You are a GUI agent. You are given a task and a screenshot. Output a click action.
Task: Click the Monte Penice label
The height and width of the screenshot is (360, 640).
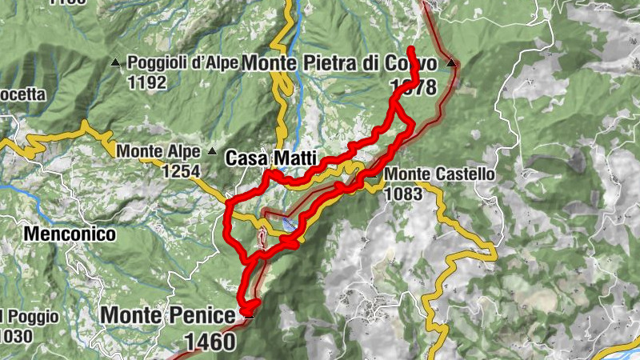[167, 314]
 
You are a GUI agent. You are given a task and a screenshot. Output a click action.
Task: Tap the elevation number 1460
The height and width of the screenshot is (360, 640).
[210, 342]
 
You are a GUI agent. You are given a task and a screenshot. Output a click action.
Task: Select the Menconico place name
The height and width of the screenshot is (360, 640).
[70, 234]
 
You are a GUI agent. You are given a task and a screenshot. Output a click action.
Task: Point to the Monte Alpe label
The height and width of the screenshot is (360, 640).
[161, 150]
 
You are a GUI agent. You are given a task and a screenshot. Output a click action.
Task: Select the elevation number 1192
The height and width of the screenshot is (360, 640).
[146, 82]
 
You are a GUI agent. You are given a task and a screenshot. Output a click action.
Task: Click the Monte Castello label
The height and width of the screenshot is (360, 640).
[439, 174]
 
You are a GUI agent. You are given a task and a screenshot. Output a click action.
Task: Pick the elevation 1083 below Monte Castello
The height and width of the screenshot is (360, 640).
[403, 194]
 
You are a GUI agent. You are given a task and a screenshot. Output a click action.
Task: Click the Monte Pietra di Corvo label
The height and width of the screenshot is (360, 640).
[339, 62]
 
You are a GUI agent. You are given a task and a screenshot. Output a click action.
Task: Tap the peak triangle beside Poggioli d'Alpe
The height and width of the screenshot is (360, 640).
[116, 62]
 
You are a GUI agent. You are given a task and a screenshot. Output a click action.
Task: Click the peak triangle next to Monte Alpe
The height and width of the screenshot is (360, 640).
[212, 150]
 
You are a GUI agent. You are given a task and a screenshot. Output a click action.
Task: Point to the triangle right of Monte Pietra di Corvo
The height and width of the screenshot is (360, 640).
[451, 62]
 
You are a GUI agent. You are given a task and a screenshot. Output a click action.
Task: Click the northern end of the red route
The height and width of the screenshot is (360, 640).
[410, 50]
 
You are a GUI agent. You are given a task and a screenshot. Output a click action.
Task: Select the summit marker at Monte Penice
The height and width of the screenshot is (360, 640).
[250, 315]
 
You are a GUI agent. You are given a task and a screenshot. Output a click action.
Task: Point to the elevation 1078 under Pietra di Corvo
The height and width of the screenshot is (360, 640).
[413, 86]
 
